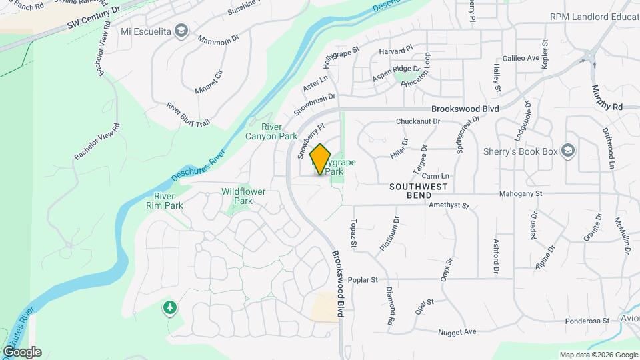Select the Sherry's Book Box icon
click(x=567, y=151)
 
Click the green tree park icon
click(x=170, y=307)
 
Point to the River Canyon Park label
click(x=280, y=131)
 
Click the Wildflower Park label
click(x=243, y=196)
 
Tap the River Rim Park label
click(x=169, y=201)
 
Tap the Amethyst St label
click(x=449, y=206)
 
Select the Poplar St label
click(x=363, y=280)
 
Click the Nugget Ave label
click(x=457, y=331)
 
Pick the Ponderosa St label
click(x=588, y=321)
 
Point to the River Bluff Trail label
click(x=188, y=114)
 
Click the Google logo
click(x=22, y=352)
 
